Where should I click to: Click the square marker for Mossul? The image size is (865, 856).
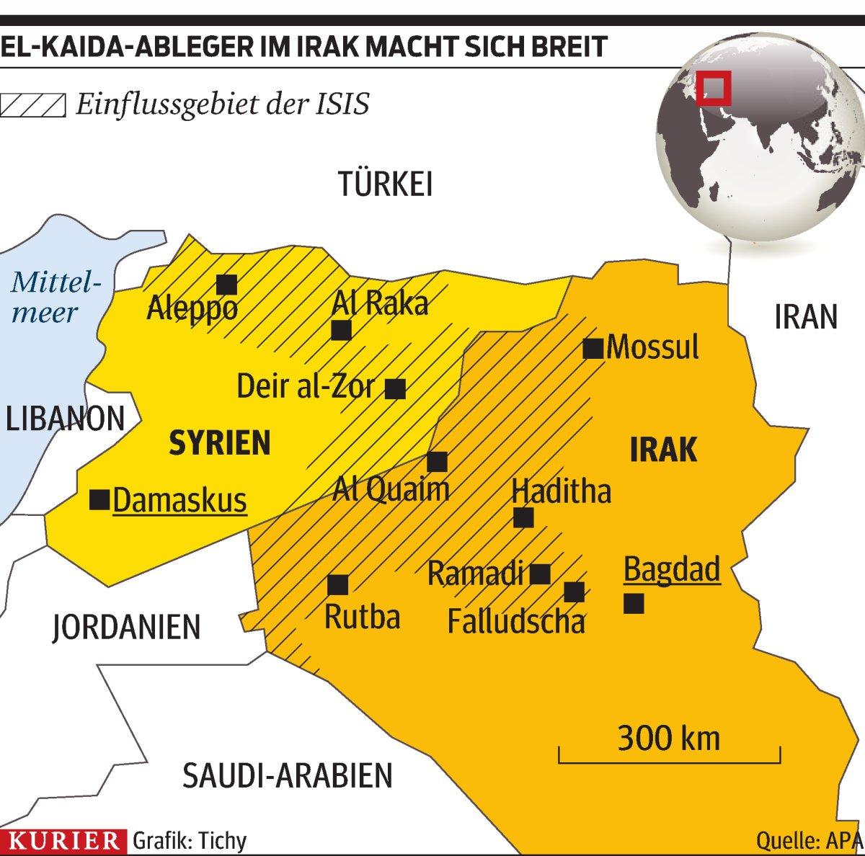click(593, 349)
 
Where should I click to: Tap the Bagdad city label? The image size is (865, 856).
click(671, 570)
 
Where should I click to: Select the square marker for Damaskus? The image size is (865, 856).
click(99, 499)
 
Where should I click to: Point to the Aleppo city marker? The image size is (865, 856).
click(226, 285)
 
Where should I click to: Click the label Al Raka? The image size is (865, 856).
click(380, 303)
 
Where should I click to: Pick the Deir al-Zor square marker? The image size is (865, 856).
click(395, 389)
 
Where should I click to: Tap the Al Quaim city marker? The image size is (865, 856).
click(437, 462)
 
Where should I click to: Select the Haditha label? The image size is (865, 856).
click(561, 491)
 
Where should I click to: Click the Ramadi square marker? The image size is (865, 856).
click(540, 574)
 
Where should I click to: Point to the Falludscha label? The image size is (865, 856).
click(516, 621)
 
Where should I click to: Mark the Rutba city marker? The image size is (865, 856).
click(337, 584)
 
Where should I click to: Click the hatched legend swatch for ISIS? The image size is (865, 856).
click(32, 105)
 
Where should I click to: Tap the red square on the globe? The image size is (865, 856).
click(714, 88)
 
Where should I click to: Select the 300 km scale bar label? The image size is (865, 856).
click(668, 739)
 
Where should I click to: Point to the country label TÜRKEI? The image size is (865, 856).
click(386, 185)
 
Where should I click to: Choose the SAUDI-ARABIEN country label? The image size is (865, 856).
click(288, 775)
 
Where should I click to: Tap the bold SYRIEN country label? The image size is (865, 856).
click(219, 443)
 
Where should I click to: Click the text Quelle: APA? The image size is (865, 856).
click(809, 840)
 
